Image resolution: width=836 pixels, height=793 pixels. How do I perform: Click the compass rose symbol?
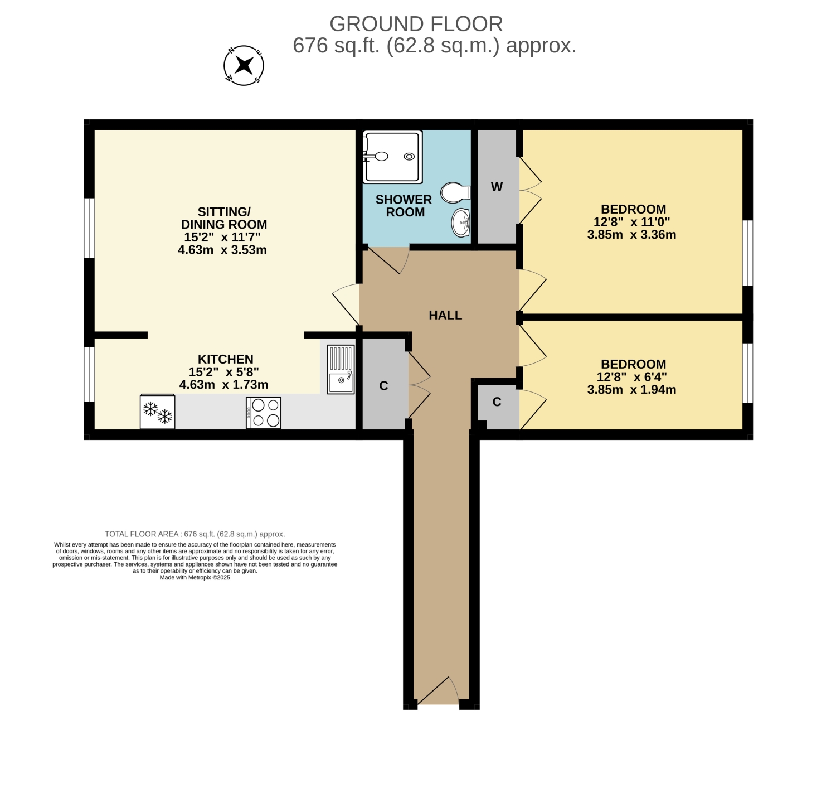click(244, 66)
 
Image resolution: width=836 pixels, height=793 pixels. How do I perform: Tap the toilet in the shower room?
click(455, 193)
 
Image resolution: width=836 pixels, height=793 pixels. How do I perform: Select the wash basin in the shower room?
click(460, 222)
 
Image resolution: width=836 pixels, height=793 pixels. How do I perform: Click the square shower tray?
click(392, 157)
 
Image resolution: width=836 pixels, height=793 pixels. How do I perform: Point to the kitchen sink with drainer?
click(341, 369)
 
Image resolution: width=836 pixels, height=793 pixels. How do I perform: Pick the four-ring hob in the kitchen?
click(264, 413)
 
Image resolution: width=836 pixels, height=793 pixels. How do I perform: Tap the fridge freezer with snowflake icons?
click(157, 411)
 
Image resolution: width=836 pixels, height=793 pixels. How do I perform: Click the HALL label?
click(445, 315)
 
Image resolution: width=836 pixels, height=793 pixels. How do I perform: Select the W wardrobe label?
click(497, 187)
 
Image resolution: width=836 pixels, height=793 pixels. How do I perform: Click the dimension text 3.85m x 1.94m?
click(631, 389)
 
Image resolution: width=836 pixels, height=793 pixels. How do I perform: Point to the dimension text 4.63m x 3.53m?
click(222, 250)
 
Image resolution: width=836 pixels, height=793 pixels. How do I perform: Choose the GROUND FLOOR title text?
click(416, 24)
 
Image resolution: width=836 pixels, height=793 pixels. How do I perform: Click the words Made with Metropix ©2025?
click(195, 578)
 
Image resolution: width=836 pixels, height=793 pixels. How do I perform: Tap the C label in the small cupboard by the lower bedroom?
click(497, 402)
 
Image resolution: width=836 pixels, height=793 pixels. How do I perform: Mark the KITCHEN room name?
click(225, 359)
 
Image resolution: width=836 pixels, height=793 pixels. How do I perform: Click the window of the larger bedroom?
click(747, 253)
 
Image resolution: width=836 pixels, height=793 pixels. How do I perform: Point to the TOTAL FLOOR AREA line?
click(195, 534)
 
